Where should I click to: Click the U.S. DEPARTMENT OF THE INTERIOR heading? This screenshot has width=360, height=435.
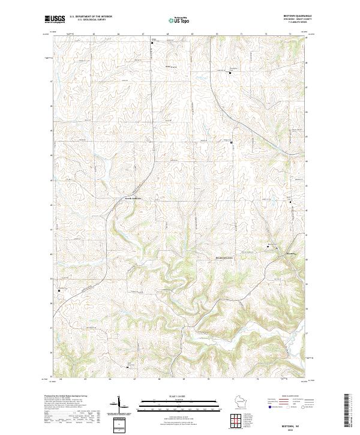(91, 16)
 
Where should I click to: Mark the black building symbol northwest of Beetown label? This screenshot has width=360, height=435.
(268, 247)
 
